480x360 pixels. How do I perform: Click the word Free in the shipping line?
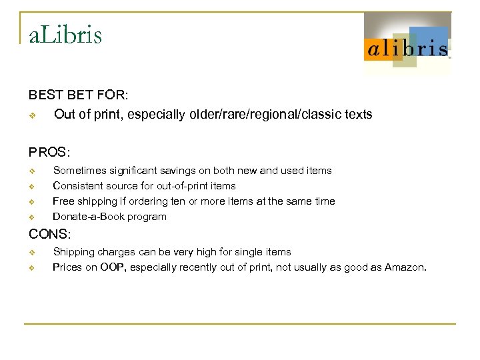pyautogui.click(x=63, y=201)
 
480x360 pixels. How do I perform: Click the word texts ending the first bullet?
pyautogui.click(x=359, y=115)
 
